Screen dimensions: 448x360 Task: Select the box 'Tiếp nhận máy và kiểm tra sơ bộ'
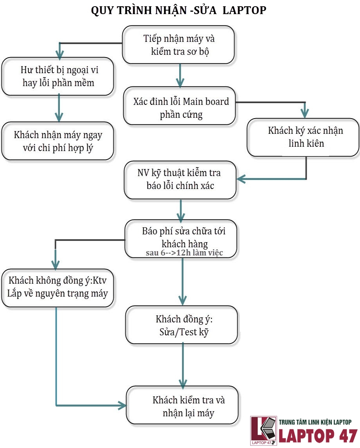click(179, 45)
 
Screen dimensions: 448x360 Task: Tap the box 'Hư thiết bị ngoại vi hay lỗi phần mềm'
click(58, 76)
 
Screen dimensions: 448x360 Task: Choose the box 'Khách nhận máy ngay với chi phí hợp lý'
click(58, 141)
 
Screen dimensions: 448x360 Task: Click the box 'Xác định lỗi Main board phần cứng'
click(180, 108)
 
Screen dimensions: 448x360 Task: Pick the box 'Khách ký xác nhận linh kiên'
click(303, 137)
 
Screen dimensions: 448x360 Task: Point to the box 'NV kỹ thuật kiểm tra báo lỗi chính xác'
click(180, 179)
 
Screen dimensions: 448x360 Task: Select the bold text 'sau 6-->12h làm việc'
click(184, 253)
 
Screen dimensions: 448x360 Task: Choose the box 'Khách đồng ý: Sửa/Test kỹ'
click(182, 325)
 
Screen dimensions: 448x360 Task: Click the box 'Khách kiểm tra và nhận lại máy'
click(183, 406)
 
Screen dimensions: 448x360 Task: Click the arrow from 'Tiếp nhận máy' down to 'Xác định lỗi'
click(180, 76)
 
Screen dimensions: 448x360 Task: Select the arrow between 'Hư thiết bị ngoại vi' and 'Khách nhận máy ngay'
click(59, 108)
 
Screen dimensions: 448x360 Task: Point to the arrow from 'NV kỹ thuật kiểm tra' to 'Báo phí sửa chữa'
click(180, 211)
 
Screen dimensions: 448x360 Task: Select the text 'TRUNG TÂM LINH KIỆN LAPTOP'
click(315, 422)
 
